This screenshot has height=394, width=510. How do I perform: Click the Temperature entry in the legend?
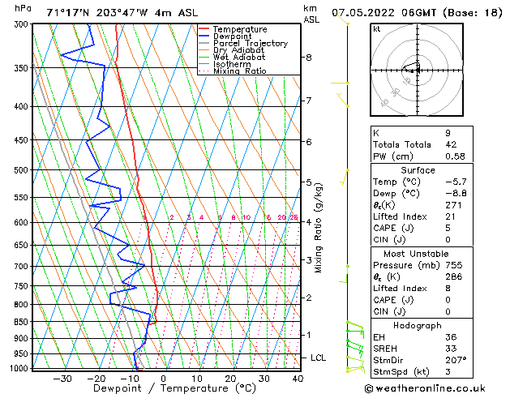coord(238,29)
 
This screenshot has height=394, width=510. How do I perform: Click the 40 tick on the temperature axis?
coord(298,378)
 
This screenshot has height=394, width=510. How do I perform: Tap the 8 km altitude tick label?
coord(309,58)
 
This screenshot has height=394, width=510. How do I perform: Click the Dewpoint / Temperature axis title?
coord(164,388)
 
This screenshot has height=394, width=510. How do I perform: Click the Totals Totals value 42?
coord(451,144)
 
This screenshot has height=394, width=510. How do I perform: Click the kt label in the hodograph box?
coord(377,29)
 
